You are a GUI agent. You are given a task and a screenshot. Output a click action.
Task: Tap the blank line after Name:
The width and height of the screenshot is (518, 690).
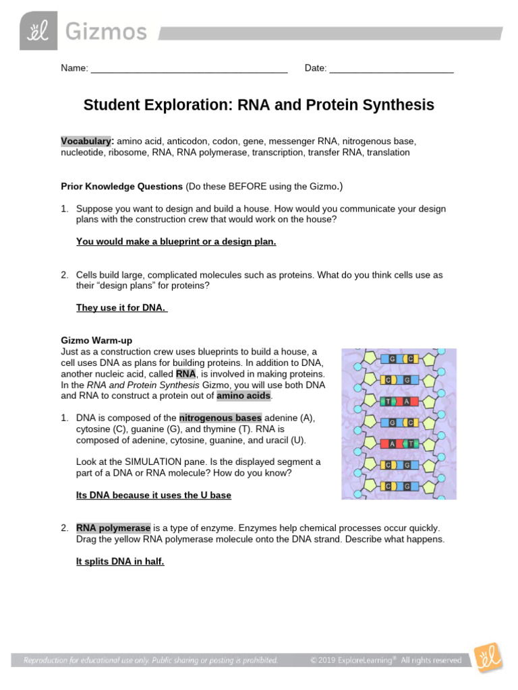point(189,69)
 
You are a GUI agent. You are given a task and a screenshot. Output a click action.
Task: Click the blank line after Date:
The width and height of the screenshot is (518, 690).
point(391,69)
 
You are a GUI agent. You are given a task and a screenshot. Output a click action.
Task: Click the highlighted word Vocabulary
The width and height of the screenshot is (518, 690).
point(86,142)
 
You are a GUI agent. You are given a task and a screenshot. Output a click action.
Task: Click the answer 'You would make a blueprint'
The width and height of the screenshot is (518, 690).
point(176,241)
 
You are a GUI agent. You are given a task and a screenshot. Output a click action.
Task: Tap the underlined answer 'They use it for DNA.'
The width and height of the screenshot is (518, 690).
point(121,308)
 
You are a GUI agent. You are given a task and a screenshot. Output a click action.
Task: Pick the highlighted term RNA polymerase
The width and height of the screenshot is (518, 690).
point(113,528)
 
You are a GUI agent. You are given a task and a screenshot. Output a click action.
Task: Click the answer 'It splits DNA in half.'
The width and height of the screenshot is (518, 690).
point(120,561)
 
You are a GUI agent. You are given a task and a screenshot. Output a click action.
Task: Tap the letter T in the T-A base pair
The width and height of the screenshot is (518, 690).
point(388,402)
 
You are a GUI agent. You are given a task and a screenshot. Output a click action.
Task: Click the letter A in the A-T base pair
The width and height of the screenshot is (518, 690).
point(392,443)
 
